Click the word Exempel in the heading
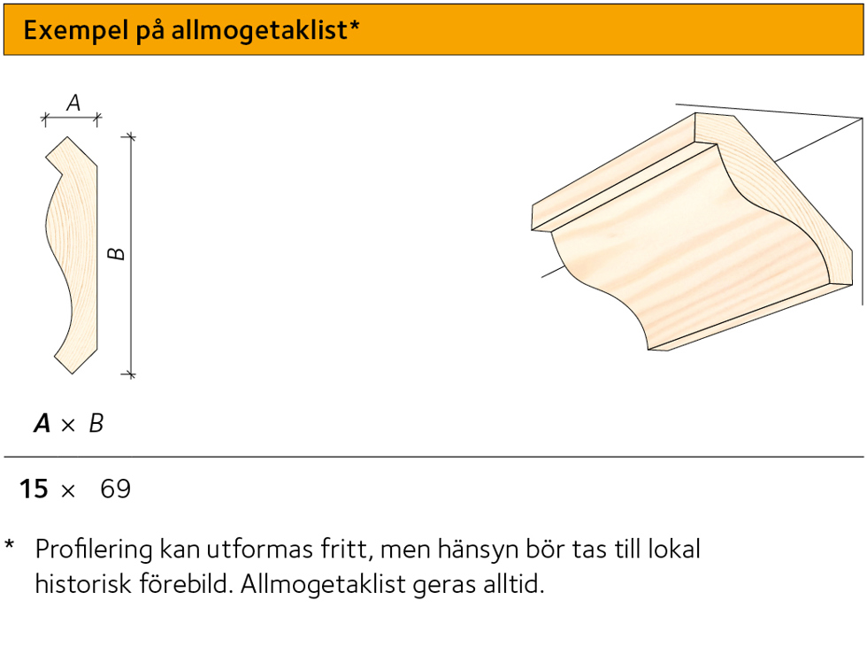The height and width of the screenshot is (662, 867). tap(65, 31)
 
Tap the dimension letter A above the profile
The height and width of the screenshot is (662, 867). tap(73, 104)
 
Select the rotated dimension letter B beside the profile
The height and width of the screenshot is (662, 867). tap(117, 255)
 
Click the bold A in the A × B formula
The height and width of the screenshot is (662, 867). tap(42, 425)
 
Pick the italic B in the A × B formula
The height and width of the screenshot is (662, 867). tap(96, 425)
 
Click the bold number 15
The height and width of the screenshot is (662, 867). tap(34, 489)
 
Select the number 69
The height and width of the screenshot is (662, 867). tap(116, 489)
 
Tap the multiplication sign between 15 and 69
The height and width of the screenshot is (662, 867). tap(68, 490)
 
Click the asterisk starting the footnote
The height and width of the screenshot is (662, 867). tap(10, 546)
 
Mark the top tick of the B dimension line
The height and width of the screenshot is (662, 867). tap(131, 137)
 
